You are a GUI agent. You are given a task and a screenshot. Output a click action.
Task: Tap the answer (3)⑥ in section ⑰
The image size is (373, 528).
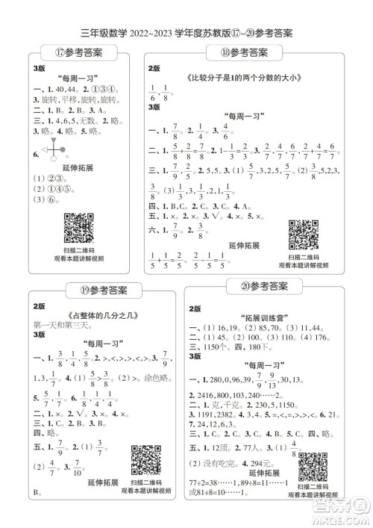coord(46,201)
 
